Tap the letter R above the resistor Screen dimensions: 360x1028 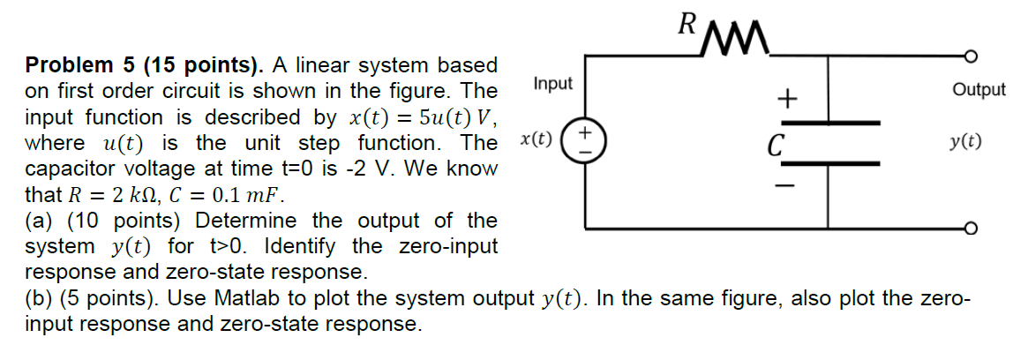point(686,23)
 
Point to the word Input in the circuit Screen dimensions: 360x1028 point(553,84)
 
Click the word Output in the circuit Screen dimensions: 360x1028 point(979,90)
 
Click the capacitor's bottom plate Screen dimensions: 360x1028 point(829,163)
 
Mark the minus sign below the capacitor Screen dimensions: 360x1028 point(784,187)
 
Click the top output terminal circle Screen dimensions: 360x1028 point(972,56)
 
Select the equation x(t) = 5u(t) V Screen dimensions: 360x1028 point(421,117)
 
